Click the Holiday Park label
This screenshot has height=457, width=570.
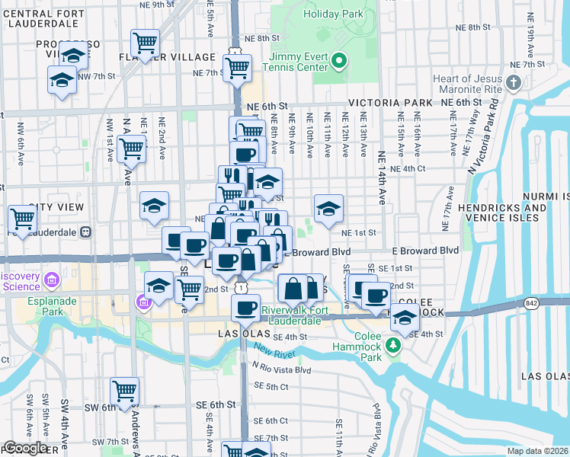(333, 14)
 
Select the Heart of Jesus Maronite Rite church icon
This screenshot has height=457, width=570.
(514, 82)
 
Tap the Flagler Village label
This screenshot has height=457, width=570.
(167, 57)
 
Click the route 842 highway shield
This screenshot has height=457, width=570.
(529, 304)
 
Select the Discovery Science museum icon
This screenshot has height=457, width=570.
(52, 281)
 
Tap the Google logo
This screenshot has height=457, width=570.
(24, 448)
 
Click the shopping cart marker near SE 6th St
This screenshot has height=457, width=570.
(124, 391)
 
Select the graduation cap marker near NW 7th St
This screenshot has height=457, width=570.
(62, 79)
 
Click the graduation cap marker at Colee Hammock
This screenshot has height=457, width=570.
(405, 318)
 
